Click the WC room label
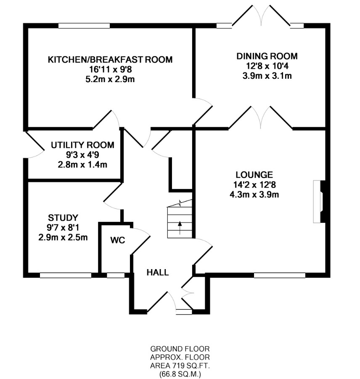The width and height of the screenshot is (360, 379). [118, 240]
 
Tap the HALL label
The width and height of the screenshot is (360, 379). [158, 272]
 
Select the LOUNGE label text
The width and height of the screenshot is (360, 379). [254, 174]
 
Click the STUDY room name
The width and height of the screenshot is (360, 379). [63, 218]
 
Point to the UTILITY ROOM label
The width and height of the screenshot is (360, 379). [82, 145]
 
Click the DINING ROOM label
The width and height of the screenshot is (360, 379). [267, 56]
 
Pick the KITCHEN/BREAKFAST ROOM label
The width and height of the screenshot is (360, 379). [110, 59]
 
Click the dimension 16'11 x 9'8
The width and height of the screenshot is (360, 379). [111, 69]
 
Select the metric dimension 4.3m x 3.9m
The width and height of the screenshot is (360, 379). [254, 195]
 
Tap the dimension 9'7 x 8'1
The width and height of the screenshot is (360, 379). [63, 227]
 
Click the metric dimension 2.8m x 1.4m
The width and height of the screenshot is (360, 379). [82, 165]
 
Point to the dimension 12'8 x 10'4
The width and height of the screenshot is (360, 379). [267, 66]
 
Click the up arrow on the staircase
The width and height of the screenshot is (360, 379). [180, 228]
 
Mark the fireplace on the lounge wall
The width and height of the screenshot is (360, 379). [320, 201]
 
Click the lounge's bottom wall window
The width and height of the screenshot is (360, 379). [280, 275]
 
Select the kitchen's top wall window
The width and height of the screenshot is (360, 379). [84, 26]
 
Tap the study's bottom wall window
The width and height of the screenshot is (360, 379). [66, 275]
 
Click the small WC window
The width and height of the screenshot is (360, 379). [116, 275]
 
